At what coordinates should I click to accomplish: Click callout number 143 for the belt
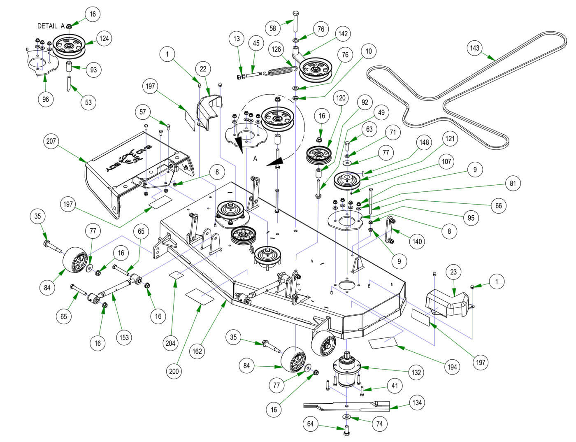[474, 48]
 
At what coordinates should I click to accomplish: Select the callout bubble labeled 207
[51, 141]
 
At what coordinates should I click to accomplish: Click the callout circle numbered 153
[124, 337]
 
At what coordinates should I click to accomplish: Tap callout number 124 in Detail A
[104, 38]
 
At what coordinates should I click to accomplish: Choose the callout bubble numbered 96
[45, 99]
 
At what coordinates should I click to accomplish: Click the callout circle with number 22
[203, 69]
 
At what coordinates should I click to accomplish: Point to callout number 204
[170, 343]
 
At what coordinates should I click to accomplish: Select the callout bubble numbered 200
[174, 371]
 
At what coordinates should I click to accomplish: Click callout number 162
[197, 351]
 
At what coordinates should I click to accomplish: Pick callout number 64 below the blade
[310, 424]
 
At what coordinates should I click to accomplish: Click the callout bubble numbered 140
[417, 241]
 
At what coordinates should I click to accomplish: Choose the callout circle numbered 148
[424, 142]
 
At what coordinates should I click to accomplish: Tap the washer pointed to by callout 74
[347, 417]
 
